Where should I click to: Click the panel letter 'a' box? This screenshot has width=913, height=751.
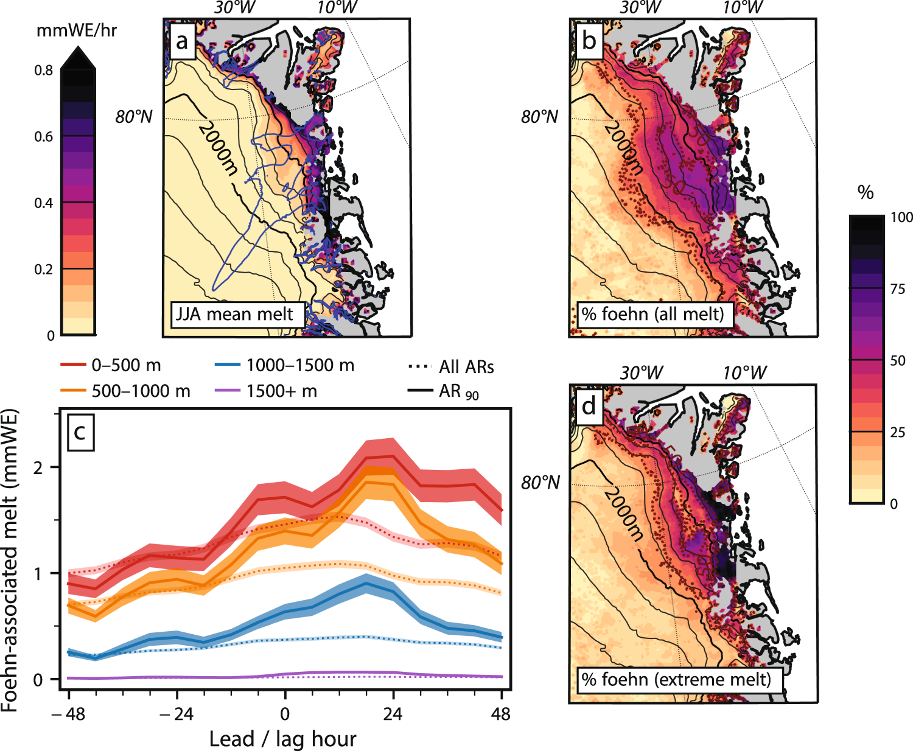(181, 42)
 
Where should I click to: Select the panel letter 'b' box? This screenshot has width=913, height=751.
(588, 41)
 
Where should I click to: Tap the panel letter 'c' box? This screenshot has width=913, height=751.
(80, 433)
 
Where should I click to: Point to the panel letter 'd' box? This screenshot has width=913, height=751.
(589, 406)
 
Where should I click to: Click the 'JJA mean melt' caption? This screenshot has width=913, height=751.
(234, 314)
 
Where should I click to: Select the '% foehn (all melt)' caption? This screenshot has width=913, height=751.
(652, 314)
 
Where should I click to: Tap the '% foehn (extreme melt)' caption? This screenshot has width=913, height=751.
(676, 679)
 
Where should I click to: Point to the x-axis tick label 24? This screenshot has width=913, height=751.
(393, 713)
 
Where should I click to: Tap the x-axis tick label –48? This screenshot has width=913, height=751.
(68, 713)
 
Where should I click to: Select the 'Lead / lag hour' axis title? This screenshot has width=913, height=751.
(282, 739)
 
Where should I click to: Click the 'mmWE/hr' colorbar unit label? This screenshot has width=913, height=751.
(77, 30)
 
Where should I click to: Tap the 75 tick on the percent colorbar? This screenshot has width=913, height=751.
(897, 289)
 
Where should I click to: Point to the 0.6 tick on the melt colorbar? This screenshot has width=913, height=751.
(43, 136)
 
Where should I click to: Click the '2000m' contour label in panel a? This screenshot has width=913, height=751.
(217, 150)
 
